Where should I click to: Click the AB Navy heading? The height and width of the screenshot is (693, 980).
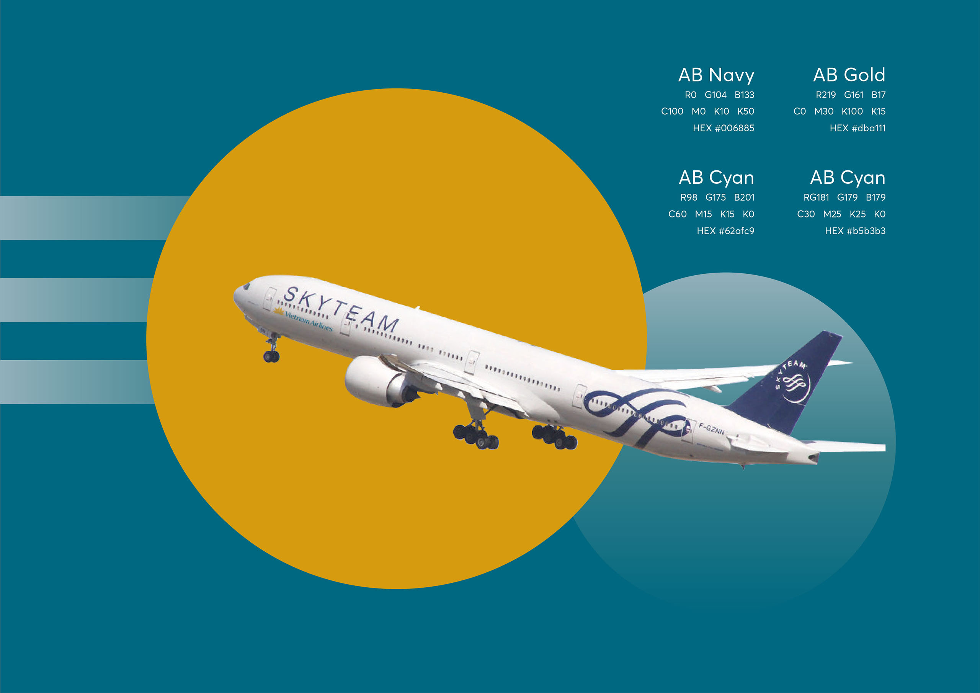point(716,75)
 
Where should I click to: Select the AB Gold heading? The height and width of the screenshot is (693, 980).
point(849,75)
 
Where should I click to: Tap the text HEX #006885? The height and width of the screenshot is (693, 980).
point(724,128)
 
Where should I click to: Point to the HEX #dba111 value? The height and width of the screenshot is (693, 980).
point(857,128)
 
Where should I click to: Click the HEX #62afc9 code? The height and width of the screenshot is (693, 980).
point(725,231)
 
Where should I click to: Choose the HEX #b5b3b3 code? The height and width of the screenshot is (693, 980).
point(855,231)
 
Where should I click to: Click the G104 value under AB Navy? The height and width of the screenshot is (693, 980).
point(715,95)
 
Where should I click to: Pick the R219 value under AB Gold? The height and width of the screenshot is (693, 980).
point(825,95)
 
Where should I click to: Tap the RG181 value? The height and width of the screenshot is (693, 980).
point(816,197)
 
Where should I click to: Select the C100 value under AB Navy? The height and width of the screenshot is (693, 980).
point(672,111)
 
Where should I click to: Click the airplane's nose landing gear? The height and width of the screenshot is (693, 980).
point(271,348)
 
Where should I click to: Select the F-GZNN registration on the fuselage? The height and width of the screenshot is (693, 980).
point(712,428)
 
